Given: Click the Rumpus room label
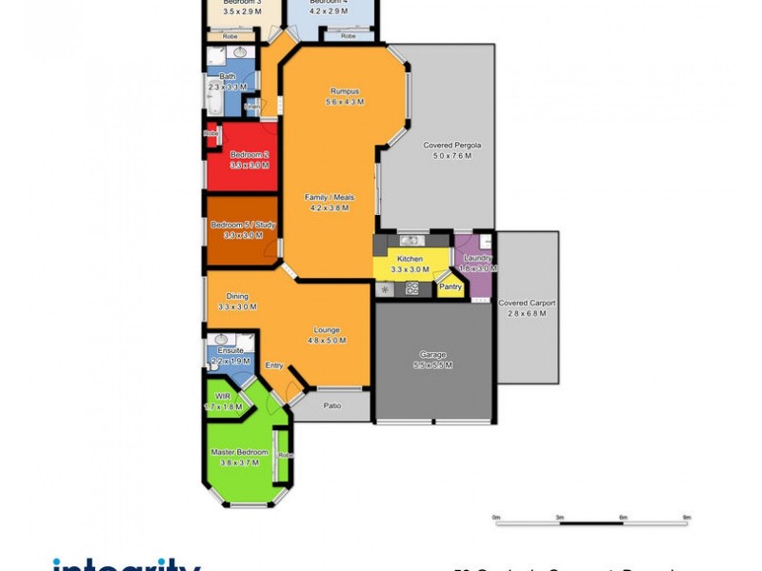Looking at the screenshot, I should pyautogui.click(x=344, y=90).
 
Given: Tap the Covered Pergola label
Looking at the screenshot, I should pyautogui.click(x=451, y=146).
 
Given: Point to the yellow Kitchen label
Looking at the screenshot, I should pyautogui.click(x=410, y=259).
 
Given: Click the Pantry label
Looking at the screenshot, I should pyautogui.click(x=450, y=285).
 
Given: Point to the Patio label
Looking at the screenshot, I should pyautogui.click(x=331, y=406).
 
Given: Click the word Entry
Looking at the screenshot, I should pyautogui.click(x=274, y=365).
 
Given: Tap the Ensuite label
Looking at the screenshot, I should pyautogui.click(x=230, y=350).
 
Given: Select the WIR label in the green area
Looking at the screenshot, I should pyautogui.click(x=223, y=396).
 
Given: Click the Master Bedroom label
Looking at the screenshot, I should pyautogui.click(x=239, y=452).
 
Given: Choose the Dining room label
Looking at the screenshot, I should pyautogui.click(x=237, y=296).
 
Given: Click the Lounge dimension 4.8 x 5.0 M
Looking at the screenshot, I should pyautogui.click(x=327, y=341).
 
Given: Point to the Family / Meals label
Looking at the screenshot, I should pyautogui.click(x=330, y=197).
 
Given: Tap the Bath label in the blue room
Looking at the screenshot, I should pyautogui.click(x=227, y=76).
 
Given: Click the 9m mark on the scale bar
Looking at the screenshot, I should pyautogui.click(x=686, y=517).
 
